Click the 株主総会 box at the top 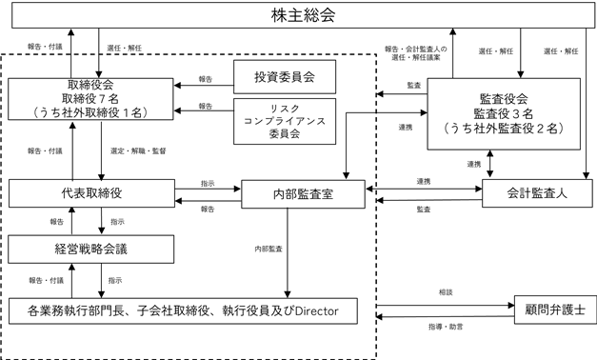299,16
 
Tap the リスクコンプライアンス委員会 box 283,121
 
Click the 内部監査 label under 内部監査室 269,249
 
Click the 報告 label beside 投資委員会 206,79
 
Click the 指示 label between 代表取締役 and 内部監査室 207,181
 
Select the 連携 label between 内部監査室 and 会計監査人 423,181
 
